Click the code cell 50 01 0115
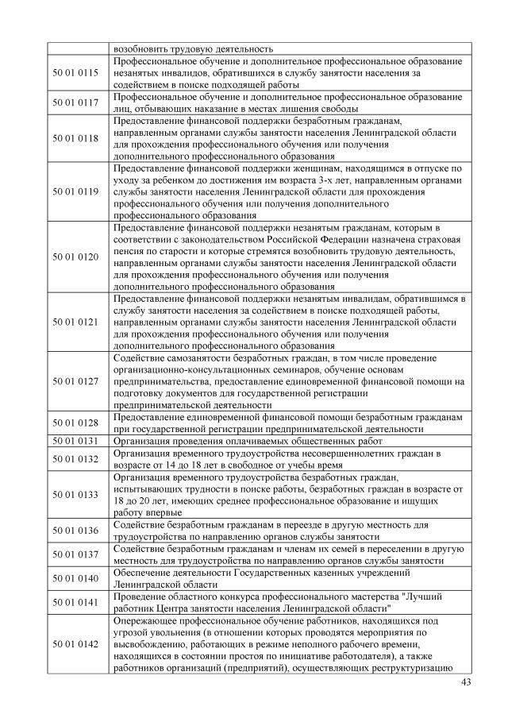tap(76, 73)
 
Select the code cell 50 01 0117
tap(76, 102)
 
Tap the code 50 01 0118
tap(76, 138)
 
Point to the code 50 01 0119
tap(76, 191)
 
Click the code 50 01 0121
tap(76, 322)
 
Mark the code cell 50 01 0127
tap(76, 381)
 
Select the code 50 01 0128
tap(76, 423)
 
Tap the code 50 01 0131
tap(76, 439)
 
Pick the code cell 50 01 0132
tap(76, 458)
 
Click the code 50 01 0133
tap(76, 495)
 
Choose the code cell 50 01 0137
tap(76, 555)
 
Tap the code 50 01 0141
tap(76, 602)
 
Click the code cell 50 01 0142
tap(76, 643)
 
